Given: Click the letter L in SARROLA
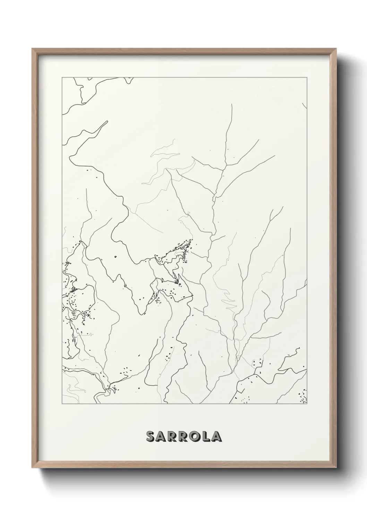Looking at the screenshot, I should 208,436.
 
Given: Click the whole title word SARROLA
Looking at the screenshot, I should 184,436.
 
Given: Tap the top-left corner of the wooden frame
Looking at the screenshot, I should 33,49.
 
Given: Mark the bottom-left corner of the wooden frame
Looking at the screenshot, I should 33,468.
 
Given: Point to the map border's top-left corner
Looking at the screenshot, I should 62,78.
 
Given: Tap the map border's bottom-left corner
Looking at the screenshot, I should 62,404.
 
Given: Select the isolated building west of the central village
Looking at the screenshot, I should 115,257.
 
